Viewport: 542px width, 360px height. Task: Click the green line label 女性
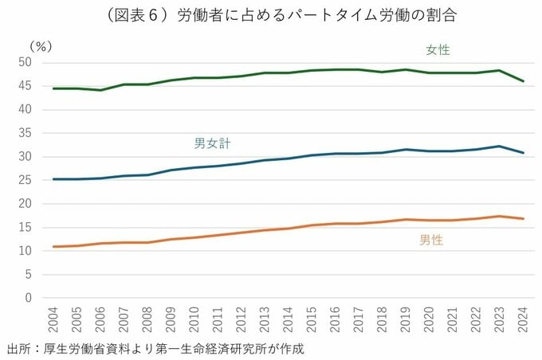438,49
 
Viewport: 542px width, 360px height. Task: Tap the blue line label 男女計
218,143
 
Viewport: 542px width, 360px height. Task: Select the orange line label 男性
430,240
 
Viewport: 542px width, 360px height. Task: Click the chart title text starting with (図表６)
271,15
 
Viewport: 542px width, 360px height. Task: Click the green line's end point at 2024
522,81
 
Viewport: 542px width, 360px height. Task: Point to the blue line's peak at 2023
499,146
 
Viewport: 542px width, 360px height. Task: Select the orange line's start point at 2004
53,247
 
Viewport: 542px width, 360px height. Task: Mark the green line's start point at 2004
53,88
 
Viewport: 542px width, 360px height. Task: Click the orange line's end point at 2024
522,219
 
